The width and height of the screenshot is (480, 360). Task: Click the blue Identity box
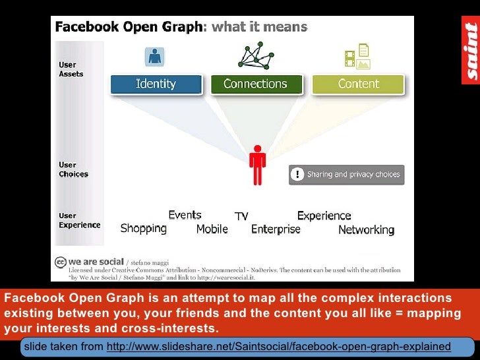click(x=156, y=84)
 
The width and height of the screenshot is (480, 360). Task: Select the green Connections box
click(x=256, y=84)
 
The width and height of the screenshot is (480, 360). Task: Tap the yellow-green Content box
click(x=358, y=84)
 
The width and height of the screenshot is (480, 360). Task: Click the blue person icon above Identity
click(x=156, y=57)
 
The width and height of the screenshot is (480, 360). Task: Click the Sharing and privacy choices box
click(x=347, y=175)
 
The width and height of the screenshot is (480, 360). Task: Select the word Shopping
click(x=143, y=229)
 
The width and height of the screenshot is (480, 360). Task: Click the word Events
click(x=185, y=215)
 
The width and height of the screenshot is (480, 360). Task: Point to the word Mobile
click(x=212, y=229)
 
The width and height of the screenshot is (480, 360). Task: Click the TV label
click(x=241, y=216)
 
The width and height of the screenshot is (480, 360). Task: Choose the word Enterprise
click(x=276, y=229)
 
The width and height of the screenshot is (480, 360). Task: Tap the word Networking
click(x=366, y=230)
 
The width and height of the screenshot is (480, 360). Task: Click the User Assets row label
click(x=71, y=70)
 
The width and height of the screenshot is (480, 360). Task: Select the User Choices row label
click(x=73, y=169)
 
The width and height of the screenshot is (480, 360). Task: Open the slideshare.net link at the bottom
click(x=278, y=346)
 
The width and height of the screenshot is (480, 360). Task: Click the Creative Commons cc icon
click(x=61, y=262)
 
